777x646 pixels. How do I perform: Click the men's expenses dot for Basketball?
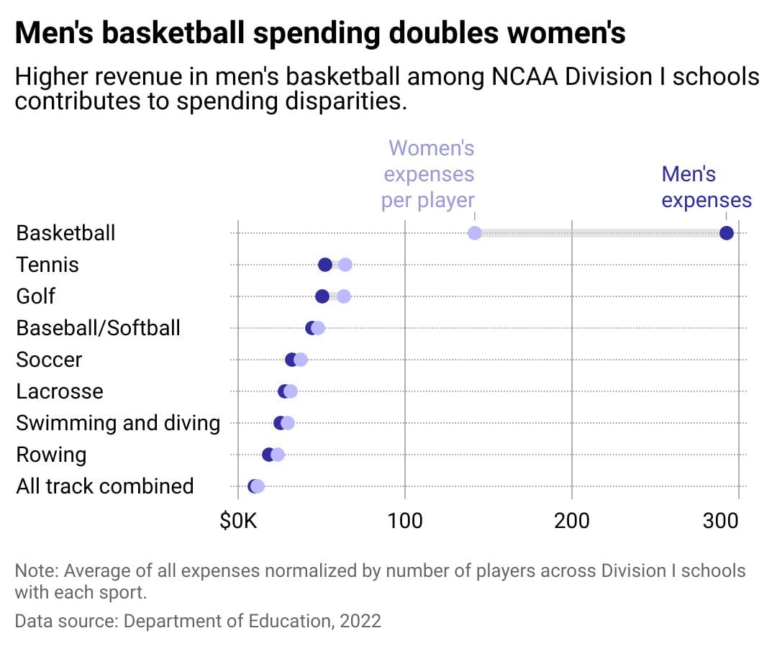(726, 233)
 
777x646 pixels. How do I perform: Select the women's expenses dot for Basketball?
(475, 233)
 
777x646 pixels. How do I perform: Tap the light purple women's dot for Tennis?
(345, 265)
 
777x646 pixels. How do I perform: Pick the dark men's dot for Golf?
(322, 296)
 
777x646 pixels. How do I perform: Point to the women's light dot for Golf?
(344, 296)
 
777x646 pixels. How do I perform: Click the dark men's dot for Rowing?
(268, 455)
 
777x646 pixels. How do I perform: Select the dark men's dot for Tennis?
(325, 265)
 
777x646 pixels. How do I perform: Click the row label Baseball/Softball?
(99, 328)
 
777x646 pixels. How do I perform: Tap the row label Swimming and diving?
(118, 423)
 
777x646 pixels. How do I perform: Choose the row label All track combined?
(105, 486)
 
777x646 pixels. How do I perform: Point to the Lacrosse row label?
(60, 391)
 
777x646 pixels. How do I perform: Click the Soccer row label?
(49, 360)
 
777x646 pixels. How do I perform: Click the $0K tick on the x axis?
(238, 520)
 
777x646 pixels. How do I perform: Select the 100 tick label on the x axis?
(405, 520)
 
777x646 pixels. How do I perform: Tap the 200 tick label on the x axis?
(572, 520)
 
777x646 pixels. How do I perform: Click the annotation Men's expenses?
(706, 187)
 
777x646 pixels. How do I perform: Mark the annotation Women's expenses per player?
(430, 174)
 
